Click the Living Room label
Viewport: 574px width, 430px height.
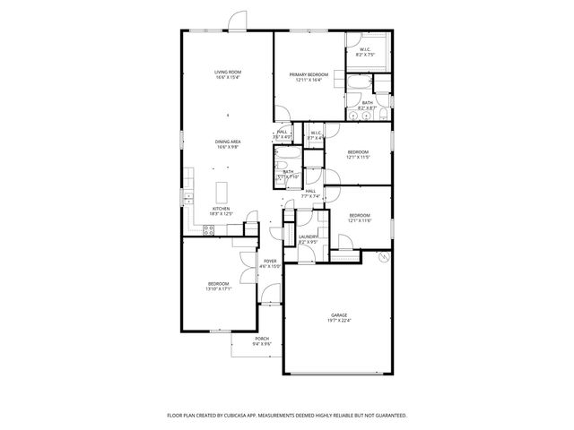click(228, 74)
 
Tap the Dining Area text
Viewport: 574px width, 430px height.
click(228, 144)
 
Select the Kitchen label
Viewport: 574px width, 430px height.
click(222, 211)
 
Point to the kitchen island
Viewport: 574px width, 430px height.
click(226, 191)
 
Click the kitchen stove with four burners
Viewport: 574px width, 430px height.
click(208, 230)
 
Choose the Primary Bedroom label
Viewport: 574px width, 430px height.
click(309, 77)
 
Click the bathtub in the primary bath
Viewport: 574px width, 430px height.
click(359, 84)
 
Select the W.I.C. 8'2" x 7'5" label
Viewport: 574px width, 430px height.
click(365, 52)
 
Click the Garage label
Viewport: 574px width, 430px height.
click(339, 317)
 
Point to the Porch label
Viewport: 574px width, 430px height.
click(262, 340)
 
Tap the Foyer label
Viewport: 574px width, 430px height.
click(270, 263)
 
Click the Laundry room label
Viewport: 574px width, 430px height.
click(309, 239)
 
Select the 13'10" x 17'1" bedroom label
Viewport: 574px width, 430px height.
click(219, 287)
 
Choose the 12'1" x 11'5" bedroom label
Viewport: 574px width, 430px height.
click(359, 154)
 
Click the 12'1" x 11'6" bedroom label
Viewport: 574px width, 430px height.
click(360, 217)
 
